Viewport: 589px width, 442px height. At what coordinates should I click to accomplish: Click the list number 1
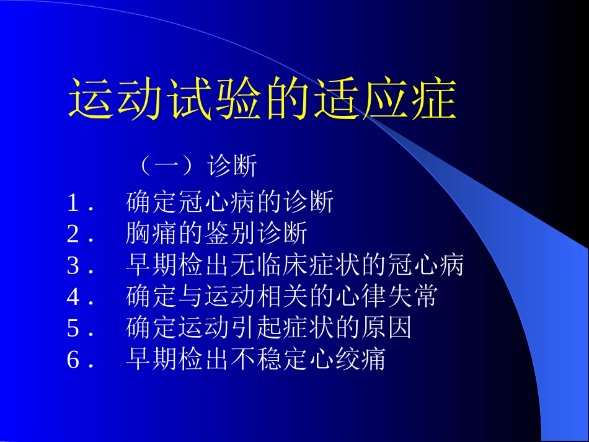point(74,203)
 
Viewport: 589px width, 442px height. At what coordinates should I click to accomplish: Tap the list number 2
point(74,234)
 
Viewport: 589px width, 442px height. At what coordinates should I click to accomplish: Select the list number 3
point(74,266)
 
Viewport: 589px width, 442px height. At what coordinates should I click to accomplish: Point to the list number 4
point(74,298)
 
